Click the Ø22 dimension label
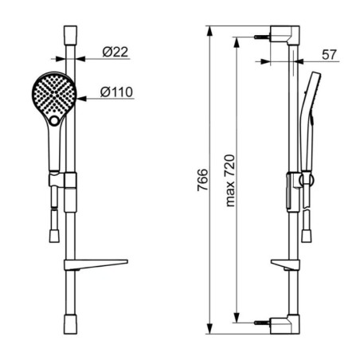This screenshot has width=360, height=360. pyautogui.click(x=115, y=52)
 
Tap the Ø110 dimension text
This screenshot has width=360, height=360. pyautogui.click(x=116, y=92)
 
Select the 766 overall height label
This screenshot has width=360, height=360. pyautogui.click(x=202, y=180)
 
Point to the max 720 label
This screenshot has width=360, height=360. pyautogui.click(x=230, y=181)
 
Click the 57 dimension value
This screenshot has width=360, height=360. pyautogui.click(x=329, y=55)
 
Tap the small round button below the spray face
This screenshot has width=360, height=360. pyautogui.click(x=54, y=121)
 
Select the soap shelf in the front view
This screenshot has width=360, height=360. pyautogui.click(x=96, y=264)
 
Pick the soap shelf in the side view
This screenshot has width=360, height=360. pyautogui.click(x=285, y=264)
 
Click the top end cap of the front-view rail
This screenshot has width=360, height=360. pyautogui.click(x=70, y=35)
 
